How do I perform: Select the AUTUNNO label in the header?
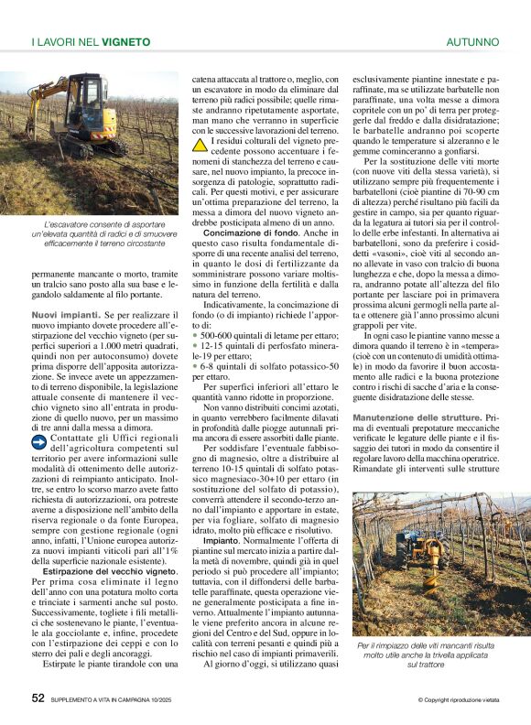pos(472,42)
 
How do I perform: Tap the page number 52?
pos(38,698)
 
